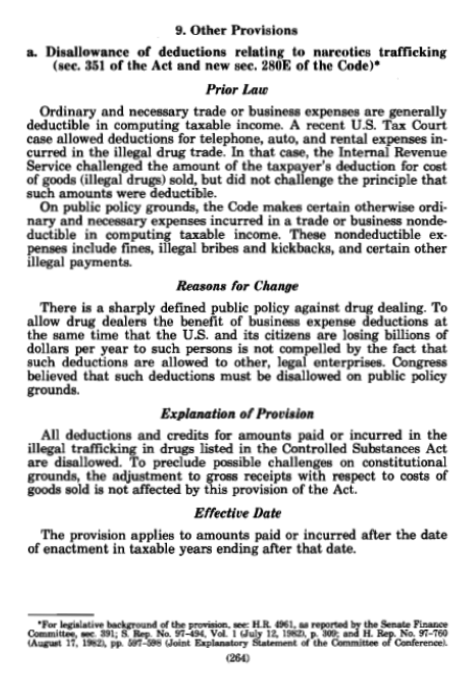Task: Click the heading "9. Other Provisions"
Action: [x=236, y=31]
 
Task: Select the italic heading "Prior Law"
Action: [x=236, y=89]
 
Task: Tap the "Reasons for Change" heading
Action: [x=237, y=287]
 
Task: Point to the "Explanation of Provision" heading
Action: [x=237, y=413]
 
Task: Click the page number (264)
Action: [x=237, y=657]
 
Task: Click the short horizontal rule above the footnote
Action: [x=61, y=614]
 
